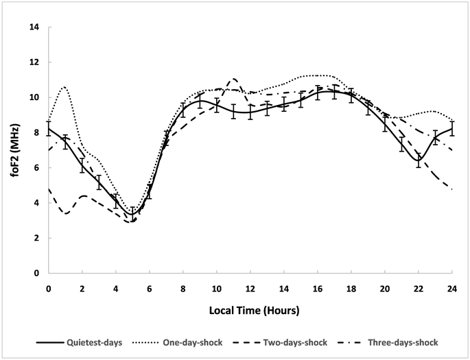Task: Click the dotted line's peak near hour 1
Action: point(64,87)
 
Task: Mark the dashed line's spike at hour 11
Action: point(233,79)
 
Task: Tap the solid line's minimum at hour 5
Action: point(132,214)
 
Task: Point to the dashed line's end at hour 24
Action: point(452,189)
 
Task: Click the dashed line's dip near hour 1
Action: point(66,213)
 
